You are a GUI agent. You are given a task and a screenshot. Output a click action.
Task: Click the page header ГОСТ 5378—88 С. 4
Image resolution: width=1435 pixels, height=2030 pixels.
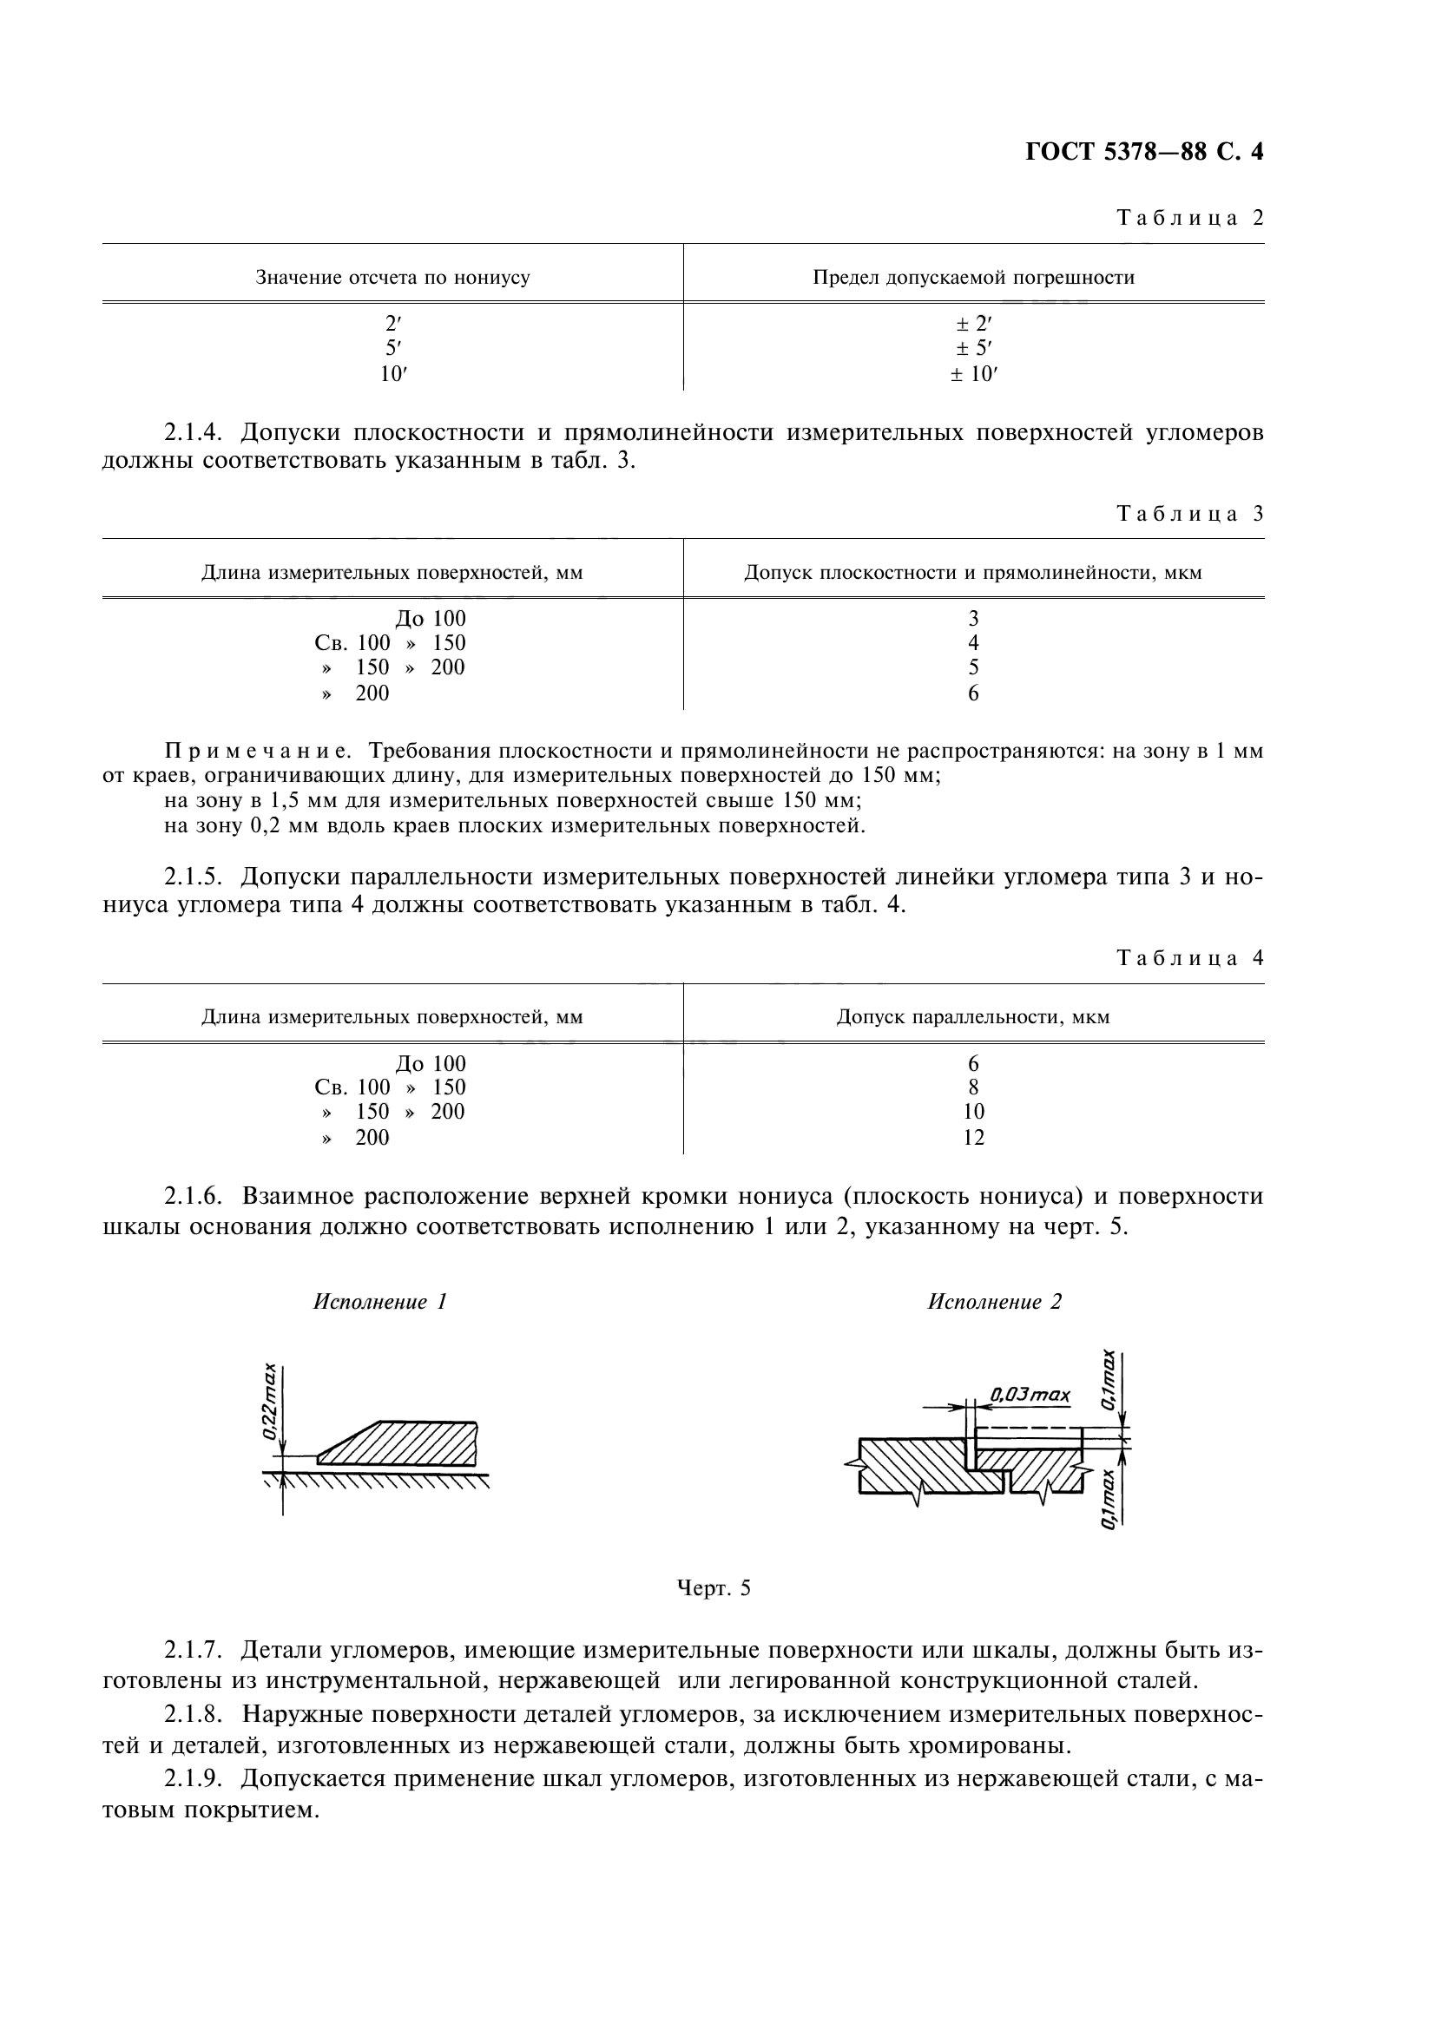1144,152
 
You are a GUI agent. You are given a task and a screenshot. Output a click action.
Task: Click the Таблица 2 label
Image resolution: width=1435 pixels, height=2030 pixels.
1190,218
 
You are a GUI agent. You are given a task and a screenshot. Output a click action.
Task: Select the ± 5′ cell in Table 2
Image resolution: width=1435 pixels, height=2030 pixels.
972,348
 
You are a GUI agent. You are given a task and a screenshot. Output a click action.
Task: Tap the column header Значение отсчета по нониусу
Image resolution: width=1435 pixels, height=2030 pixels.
392,278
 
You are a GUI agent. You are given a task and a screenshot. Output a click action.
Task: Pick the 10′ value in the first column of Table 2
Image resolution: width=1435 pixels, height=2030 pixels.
392,374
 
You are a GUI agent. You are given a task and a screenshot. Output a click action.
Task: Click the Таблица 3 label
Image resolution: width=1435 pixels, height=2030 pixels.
1190,513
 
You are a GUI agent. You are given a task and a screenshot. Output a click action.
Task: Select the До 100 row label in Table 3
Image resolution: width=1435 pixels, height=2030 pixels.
430,619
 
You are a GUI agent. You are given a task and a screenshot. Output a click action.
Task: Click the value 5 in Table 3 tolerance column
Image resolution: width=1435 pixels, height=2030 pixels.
972,667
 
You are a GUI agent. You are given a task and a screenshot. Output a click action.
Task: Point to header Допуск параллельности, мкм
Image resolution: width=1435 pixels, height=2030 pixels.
972,1017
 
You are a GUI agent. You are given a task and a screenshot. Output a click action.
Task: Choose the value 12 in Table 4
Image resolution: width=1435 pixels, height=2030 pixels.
972,1137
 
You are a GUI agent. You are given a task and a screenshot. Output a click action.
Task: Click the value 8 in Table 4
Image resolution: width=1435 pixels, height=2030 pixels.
972,1087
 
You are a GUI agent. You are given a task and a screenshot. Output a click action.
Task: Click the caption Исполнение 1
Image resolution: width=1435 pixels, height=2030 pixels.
380,1302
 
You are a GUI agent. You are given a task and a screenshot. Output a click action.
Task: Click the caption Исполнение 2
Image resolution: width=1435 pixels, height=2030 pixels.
994,1302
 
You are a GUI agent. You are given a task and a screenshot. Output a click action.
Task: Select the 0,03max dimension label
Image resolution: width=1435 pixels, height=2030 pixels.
1030,1395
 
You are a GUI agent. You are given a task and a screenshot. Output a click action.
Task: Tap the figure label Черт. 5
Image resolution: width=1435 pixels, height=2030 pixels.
713,1589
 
